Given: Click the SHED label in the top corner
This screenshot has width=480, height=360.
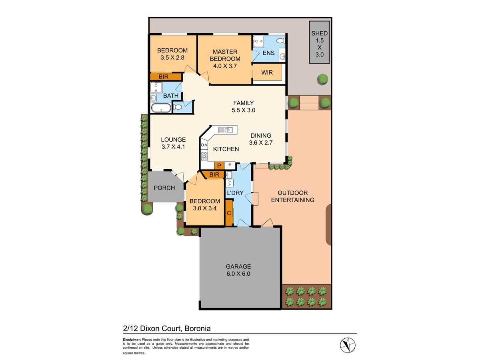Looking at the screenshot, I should (x=320, y=34).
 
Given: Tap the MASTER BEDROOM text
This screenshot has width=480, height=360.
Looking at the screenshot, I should (x=225, y=55).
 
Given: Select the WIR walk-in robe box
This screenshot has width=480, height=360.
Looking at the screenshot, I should (x=267, y=73).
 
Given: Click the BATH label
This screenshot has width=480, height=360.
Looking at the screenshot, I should (x=171, y=96).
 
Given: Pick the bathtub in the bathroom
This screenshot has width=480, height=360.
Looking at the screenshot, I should (x=161, y=108).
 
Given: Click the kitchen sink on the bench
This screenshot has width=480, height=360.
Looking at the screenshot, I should (x=226, y=130).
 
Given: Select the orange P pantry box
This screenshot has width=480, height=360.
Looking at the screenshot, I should (x=219, y=165).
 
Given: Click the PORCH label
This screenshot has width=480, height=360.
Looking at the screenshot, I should (x=164, y=188).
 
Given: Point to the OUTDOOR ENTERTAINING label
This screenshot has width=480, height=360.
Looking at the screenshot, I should (x=292, y=196).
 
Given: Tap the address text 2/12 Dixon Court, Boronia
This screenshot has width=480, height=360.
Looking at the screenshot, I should (x=167, y=328).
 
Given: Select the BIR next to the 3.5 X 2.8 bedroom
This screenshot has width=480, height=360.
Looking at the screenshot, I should (x=163, y=76).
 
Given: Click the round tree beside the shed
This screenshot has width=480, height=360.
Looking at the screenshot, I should (x=322, y=79).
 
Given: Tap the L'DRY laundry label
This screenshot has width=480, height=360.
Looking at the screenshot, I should (x=235, y=193).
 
